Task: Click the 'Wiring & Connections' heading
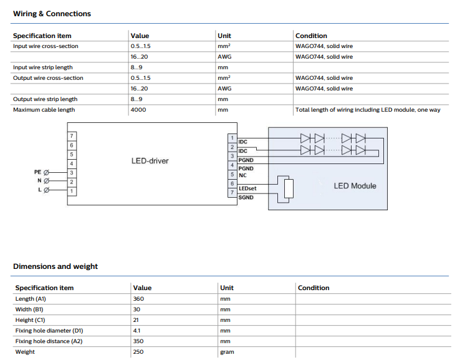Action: point(52,14)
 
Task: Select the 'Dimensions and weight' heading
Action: point(55,266)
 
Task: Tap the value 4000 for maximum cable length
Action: point(138,110)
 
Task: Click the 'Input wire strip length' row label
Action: point(43,67)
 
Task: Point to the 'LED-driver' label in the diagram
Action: point(150,161)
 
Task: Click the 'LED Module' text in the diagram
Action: point(355,186)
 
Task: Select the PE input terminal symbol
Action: point(46,172)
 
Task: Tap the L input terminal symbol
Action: point(46,190)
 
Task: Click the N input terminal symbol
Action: point(46,181)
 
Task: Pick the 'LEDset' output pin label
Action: point(247,188)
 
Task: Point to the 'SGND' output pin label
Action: point(246,197)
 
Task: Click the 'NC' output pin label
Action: point(242,175)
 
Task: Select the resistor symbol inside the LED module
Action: point(289,189)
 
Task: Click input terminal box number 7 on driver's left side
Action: point(72,136)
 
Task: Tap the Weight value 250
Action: point(138,352)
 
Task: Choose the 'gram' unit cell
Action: point(227,352)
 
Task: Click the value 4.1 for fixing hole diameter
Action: point(137,331)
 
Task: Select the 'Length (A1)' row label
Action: point(31,299)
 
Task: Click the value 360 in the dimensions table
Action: point(138,299)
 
